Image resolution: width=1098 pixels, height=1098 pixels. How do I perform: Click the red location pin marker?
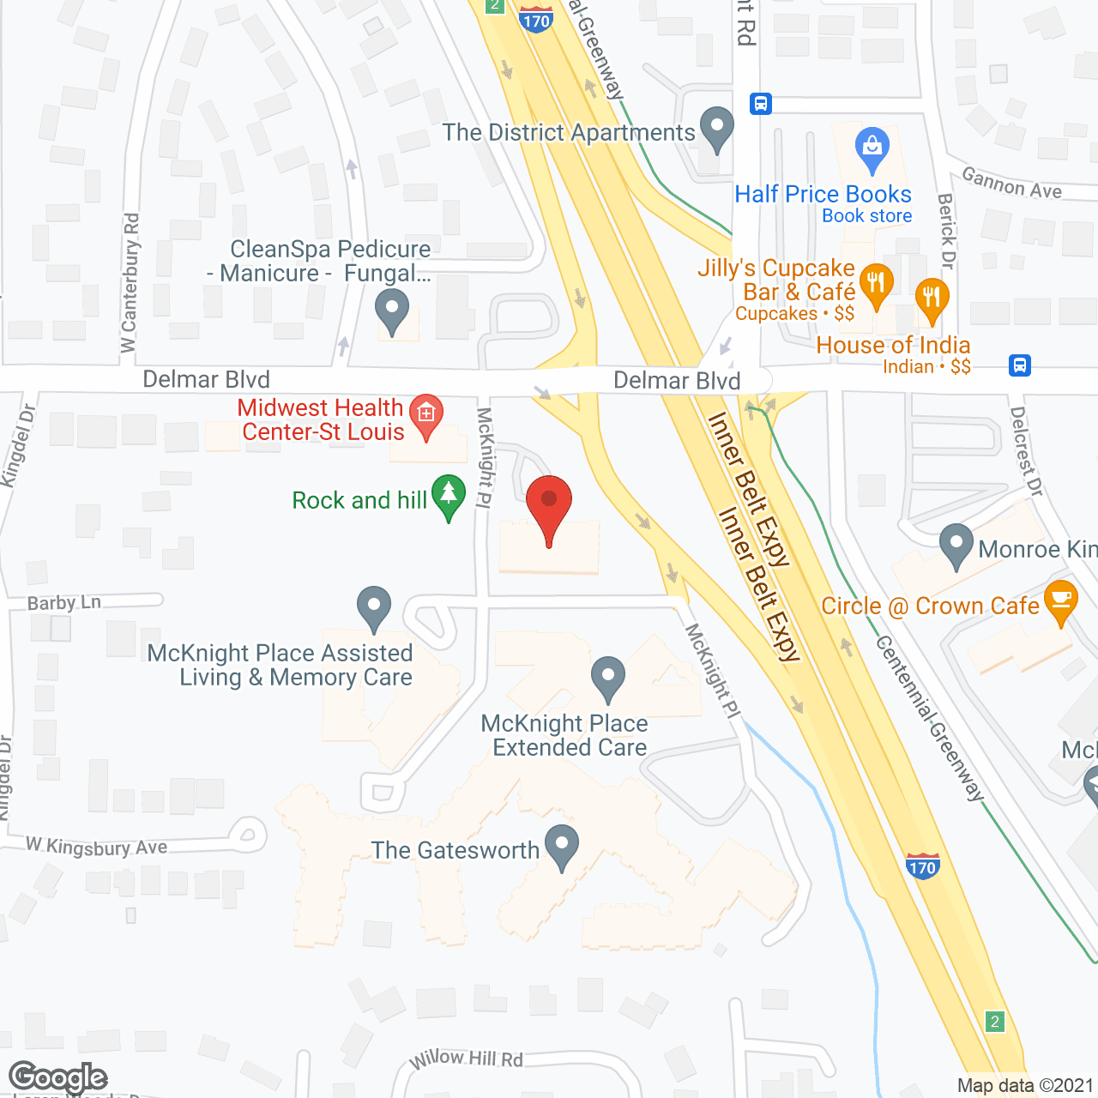click(x=548, y=502)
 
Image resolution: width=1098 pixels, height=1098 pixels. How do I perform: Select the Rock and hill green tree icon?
click(x=448, y=495)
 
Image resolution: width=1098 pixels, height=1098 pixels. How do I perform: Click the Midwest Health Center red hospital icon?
click(x=426, y=414)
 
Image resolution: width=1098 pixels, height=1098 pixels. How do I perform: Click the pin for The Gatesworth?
click(x=562, y=844)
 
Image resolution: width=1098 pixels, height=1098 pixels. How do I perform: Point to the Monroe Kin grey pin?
click(x=956, y=544)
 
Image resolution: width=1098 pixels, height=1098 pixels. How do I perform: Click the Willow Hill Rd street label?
click(x=466, y=1059)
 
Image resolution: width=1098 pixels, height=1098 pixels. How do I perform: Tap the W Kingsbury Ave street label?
click(x=97, y=847)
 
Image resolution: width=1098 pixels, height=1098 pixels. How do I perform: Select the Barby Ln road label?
click(x=64, y=603)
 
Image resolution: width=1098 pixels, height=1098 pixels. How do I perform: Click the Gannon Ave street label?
click(x=1011, y=184)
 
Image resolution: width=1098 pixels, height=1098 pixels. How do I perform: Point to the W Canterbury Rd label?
click(x=130, y=283)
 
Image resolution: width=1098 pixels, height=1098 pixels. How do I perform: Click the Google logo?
click(x=57, y=1077)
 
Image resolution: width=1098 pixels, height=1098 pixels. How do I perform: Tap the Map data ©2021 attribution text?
click(x=1025, y=1085)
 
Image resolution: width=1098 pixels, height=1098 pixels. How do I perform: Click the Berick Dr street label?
click(x=946, y=231)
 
